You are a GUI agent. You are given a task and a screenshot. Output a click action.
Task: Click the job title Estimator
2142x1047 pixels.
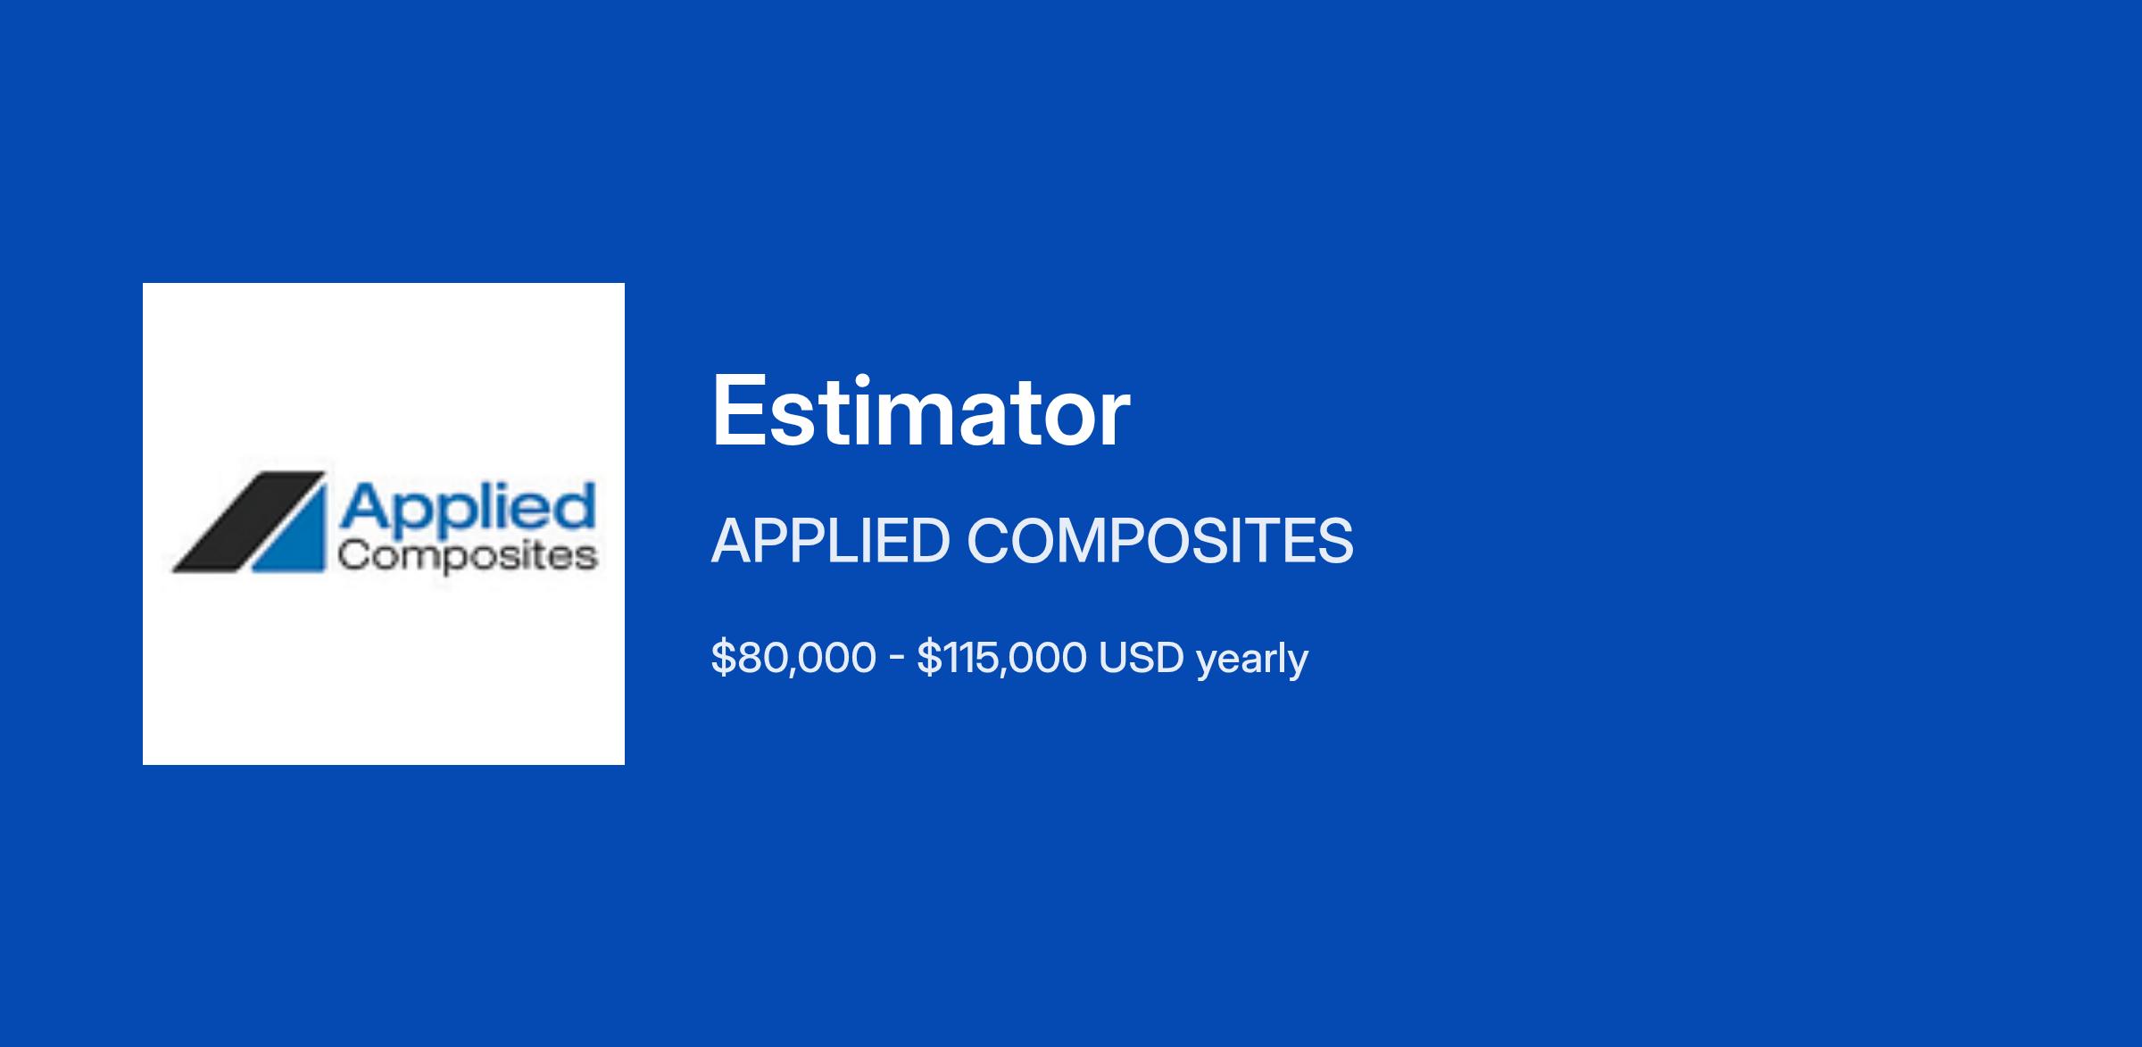click(920, 412)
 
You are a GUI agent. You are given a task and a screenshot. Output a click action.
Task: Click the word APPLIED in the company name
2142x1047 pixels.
click(830, 541)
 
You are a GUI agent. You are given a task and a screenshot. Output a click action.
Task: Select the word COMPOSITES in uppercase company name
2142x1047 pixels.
click(1160, 541)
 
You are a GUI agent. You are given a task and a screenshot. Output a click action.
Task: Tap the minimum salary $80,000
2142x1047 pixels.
click(793, 658)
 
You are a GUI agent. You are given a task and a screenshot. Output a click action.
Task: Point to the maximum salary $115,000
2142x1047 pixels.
click(1001, 658)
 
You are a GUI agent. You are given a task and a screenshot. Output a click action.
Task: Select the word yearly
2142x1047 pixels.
click(1252, 661)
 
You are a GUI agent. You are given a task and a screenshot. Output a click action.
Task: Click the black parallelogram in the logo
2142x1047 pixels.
click(248, 521)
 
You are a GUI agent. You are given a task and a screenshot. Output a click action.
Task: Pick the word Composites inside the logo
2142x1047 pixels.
click(468, 556)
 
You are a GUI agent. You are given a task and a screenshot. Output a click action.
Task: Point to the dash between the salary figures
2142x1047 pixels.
click(897, 660)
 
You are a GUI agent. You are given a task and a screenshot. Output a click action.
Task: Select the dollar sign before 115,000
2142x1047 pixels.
click(929, 658)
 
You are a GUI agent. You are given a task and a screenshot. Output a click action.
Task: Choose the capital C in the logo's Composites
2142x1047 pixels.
click(353, 555)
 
